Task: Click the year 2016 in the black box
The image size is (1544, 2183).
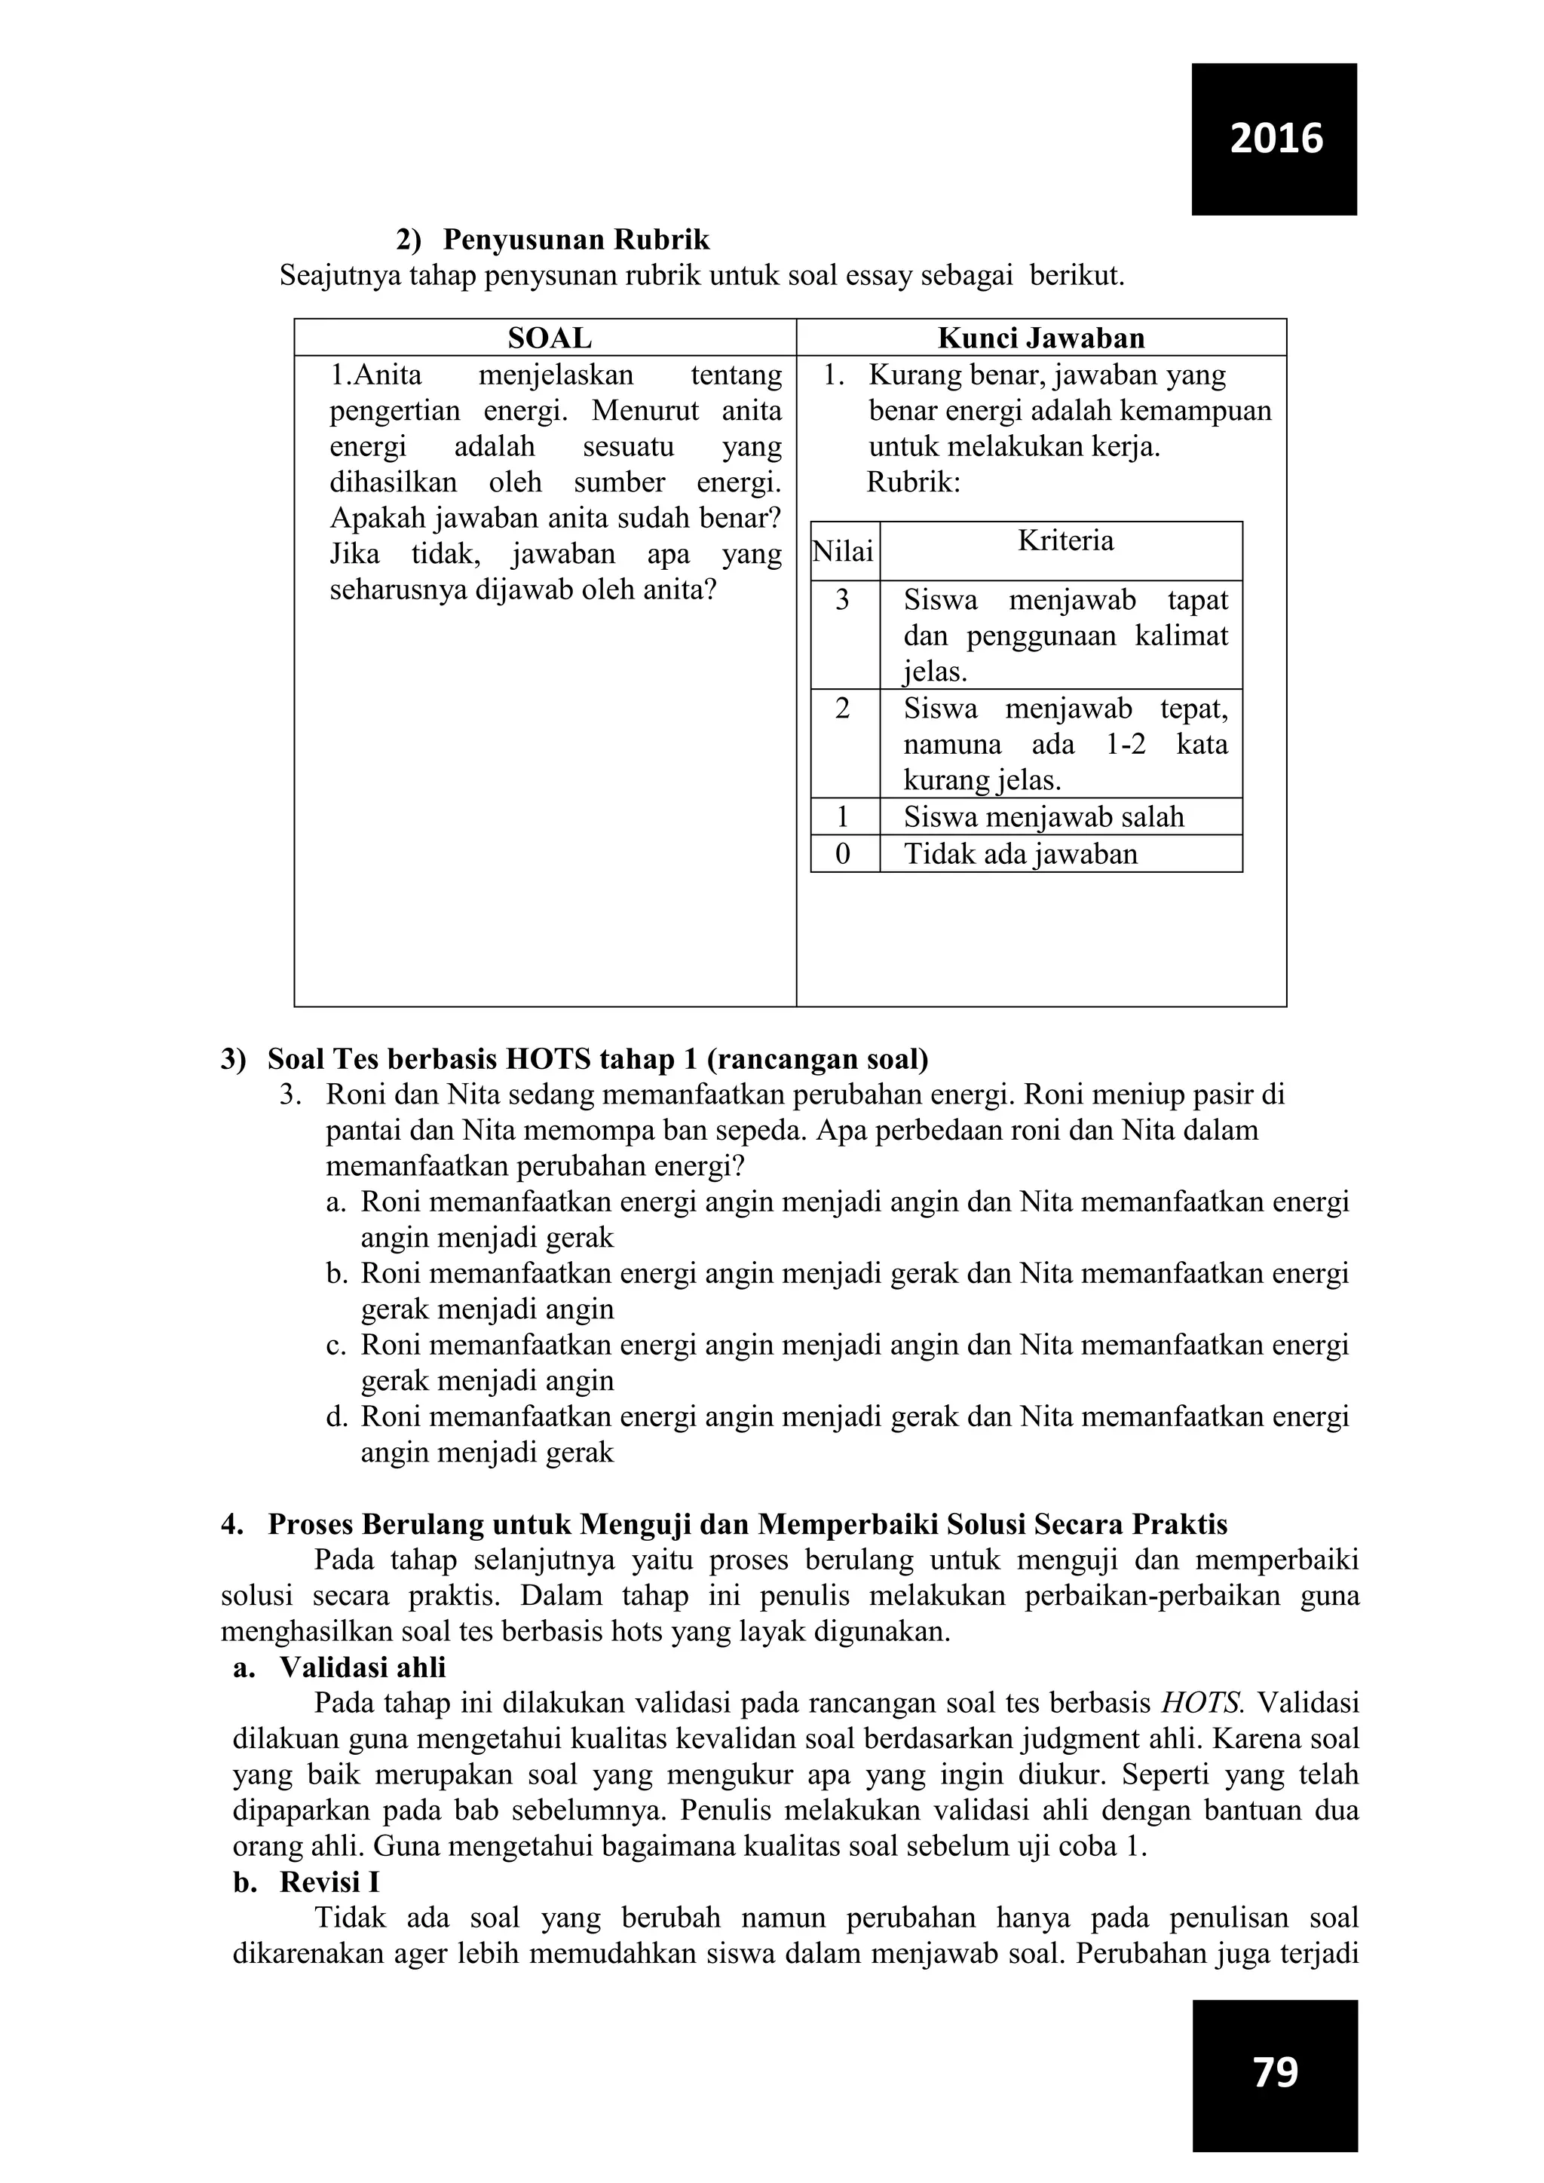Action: [1275, 139]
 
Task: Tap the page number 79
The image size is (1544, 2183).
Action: [1275, 2071]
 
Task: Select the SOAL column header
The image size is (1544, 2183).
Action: [550, 338]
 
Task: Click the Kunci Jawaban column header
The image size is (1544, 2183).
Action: [1041, 338]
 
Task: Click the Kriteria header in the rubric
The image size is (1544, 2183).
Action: [1065, 541]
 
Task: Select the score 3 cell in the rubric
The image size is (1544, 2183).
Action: [842, 600]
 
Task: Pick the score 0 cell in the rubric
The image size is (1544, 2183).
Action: [842, 854]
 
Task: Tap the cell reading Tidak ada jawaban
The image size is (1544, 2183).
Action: [1020, 854]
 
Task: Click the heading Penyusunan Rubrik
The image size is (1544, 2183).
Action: [575, 239]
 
